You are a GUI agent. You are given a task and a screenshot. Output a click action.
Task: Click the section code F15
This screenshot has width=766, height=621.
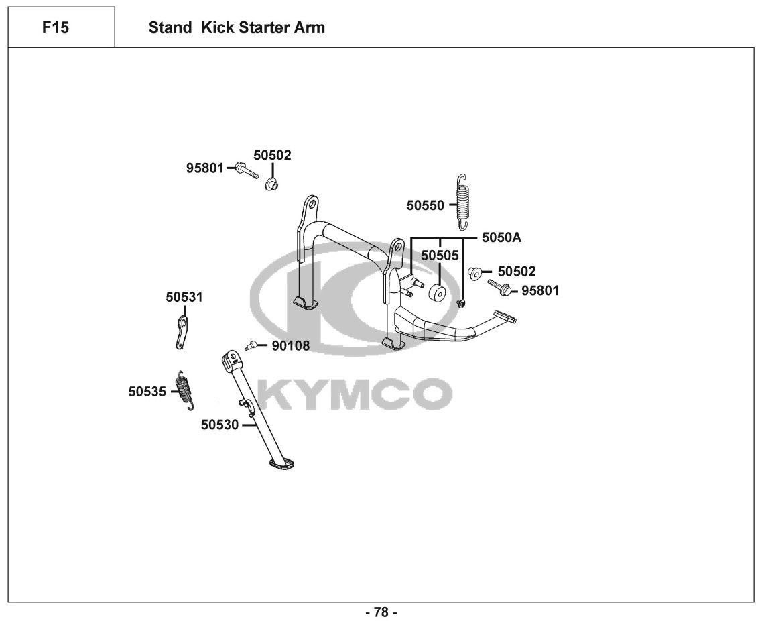tap(55, 27)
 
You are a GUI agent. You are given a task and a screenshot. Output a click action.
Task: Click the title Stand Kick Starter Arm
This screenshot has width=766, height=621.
tap(237, 27)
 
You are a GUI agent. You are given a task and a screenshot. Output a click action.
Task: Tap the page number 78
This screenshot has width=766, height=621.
tap(381, 612)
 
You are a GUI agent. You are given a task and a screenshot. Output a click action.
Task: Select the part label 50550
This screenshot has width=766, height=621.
tap(425, 205)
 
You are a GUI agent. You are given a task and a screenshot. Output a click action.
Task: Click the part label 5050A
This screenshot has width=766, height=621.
tap(501, 238)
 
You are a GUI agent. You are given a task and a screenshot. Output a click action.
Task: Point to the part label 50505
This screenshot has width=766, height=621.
tap(440, 256)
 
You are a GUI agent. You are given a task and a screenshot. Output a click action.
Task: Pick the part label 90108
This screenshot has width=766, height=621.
tap(290, 346)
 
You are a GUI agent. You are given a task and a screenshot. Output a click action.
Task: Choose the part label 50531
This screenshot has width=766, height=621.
tap(184, 297)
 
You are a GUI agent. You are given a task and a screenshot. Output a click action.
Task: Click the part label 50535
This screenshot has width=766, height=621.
tap(147, 392)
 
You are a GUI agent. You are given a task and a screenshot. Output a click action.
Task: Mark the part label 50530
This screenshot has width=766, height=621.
tap(219, 425)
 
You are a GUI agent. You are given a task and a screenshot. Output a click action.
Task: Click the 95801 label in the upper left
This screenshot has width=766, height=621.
tap(205, 168)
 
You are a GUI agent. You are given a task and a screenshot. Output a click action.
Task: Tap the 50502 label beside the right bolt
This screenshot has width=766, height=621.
tap(517, 272)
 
